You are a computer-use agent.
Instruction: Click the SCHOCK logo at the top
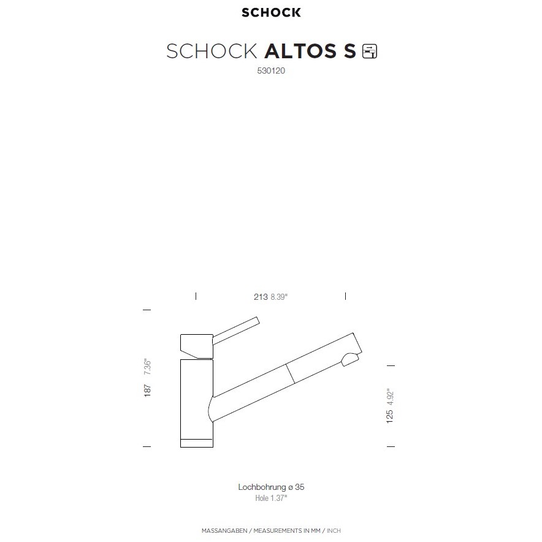tap(271, 12)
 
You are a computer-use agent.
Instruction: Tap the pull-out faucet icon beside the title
tap(370, 51)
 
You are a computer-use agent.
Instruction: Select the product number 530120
tap(271, 71)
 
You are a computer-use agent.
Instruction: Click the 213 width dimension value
tap(261, 297)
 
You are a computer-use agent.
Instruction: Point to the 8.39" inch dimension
tap(279, 297)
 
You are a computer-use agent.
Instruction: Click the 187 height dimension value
tap(147, 391)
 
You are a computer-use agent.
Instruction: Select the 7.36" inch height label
tap(147, 367)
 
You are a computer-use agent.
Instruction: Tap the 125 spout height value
tap(390, 416)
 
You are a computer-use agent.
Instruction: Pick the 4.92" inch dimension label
tap(390, 397)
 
